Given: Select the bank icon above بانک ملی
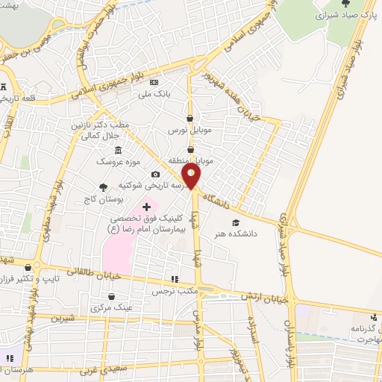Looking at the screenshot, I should tap(154, 82).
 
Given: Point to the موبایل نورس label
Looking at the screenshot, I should tap(190, 130).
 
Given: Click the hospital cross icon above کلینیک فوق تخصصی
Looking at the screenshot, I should tap(145, 207).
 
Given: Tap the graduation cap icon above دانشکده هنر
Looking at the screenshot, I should tap(236, 222).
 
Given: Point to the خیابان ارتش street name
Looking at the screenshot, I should tap(262, 296).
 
